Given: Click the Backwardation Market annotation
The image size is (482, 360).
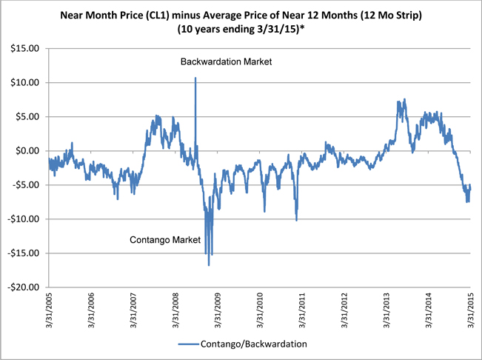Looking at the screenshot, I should (227, 61).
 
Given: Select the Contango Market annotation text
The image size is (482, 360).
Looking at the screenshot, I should (165, 240).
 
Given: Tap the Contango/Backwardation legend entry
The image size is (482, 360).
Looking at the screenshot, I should (255, 344).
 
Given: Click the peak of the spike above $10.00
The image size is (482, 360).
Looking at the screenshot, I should (195, 78).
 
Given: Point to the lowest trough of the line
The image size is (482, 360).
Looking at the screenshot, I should (209, 265).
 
